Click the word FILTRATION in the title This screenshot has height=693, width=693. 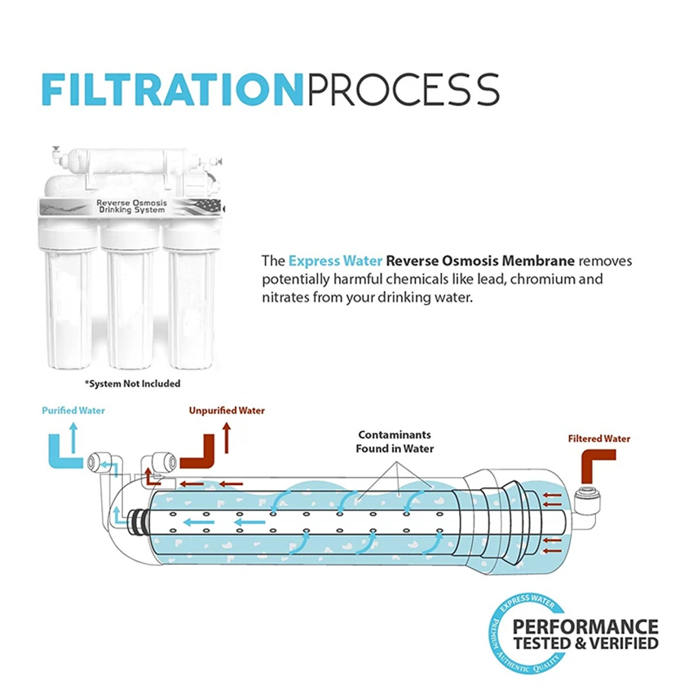(174, 89)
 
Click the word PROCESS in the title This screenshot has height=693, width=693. (403, 89)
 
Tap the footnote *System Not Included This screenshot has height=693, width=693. (133, 383)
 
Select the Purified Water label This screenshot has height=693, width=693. (73, 411)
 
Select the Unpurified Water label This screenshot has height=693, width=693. (227, 411)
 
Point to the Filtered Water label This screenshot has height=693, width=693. (598, 439)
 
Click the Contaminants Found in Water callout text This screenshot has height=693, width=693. (395, 442)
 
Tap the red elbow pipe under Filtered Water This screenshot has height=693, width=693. (590, 469)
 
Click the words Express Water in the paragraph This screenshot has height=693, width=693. (335, 262)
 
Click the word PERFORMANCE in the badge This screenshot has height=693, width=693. (585, 627)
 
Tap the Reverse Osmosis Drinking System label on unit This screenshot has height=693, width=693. (130, 205)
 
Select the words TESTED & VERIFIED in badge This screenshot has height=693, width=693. (585, 643)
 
